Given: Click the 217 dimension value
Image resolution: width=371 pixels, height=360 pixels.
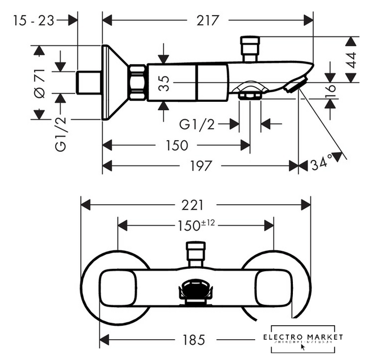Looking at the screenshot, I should [x=207, y=20].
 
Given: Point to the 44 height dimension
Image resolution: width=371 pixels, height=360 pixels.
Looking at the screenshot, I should [x=351, y=60].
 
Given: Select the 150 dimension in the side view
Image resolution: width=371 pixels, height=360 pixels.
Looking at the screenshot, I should [x=177, y=145].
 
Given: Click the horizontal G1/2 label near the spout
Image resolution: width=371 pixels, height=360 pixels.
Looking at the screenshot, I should [x=197, y=124].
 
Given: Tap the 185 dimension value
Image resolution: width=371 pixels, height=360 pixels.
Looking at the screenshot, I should [x=193, y=340].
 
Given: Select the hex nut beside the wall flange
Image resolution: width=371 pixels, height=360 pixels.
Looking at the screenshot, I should [x=137, y=83].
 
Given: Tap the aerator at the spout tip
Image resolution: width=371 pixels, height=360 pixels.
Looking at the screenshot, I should [x=294, y=85].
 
